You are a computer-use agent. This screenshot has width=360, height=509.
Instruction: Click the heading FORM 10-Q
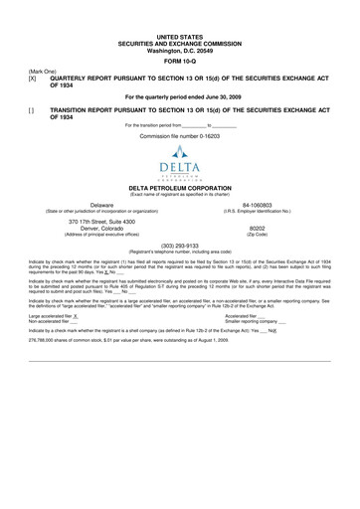point(179,56)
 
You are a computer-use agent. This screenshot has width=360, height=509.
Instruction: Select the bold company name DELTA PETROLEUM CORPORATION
point(179,186)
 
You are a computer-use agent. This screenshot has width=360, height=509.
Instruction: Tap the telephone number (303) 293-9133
point(179,246)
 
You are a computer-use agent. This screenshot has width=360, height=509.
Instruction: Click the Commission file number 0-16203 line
point(179,135)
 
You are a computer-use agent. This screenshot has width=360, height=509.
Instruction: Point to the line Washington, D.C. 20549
point(179,45)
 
